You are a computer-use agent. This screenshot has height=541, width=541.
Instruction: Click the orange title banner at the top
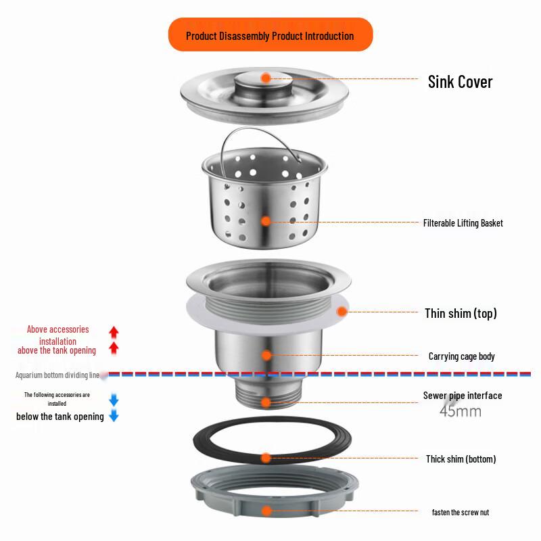270,35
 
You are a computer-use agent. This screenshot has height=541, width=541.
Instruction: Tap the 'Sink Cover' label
460,82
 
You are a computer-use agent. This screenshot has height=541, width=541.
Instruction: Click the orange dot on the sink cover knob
266,78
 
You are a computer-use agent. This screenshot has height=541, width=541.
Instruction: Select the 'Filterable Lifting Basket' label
463,223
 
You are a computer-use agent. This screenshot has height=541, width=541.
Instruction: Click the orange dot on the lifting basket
266,220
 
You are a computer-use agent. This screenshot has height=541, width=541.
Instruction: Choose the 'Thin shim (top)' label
461,313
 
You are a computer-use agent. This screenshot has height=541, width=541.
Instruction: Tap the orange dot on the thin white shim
342,312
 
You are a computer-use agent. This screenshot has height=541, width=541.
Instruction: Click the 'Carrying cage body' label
461,356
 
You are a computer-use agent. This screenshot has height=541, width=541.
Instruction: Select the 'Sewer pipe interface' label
463,396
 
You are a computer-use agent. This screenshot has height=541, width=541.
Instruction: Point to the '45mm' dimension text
460,410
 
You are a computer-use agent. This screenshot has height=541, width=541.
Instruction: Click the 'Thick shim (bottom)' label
461,459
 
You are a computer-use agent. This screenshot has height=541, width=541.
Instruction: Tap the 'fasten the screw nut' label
460,513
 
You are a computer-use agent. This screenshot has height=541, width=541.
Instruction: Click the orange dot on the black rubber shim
266,458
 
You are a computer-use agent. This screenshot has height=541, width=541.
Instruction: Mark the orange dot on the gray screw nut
266,511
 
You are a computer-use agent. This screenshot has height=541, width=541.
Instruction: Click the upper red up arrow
114,332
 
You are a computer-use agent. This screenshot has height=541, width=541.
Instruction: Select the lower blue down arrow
114,417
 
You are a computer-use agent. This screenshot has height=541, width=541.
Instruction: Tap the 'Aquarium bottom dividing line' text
57,375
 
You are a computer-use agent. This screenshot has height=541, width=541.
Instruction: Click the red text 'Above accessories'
57,329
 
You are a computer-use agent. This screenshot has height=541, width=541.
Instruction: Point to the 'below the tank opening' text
60,417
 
